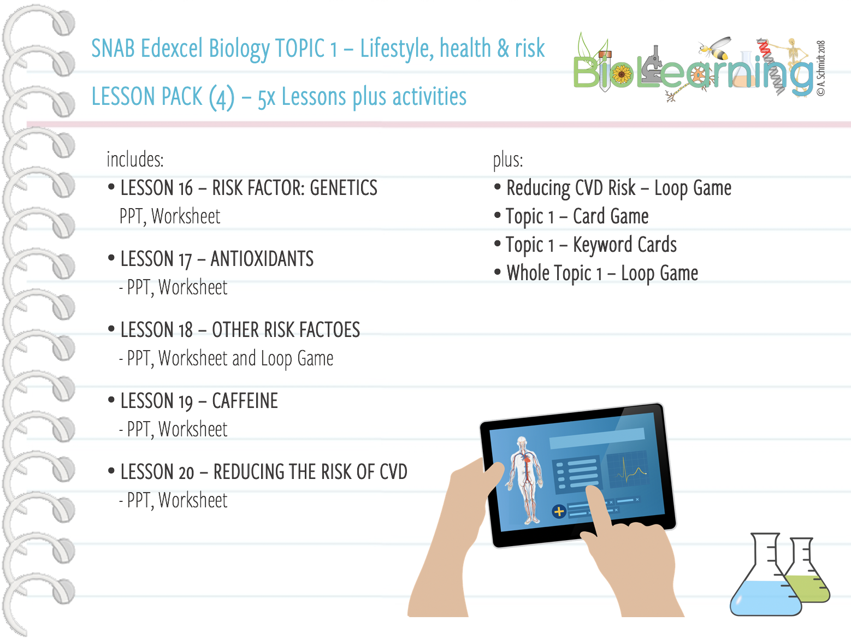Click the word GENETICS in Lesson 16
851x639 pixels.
343,188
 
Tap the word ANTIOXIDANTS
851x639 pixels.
262,259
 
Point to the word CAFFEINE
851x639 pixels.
245,401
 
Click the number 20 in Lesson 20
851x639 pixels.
186,472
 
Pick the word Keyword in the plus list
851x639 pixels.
602,245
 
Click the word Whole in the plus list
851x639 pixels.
527,273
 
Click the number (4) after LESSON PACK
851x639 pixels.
221,97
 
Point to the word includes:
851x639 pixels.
135,159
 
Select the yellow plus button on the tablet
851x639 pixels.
559,512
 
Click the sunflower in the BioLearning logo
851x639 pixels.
621,75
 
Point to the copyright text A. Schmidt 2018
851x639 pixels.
821,68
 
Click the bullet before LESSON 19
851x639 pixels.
111,400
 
